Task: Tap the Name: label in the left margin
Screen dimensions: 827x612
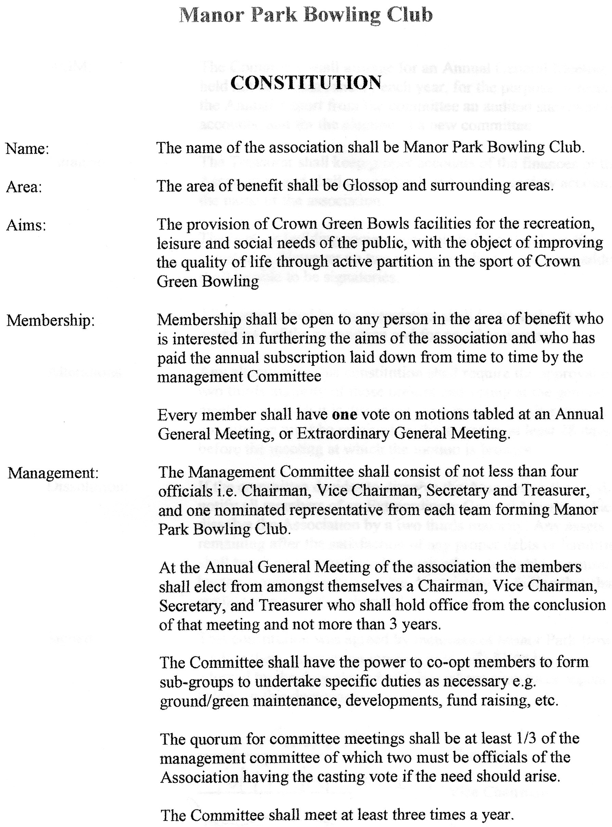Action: [x=27, y=149]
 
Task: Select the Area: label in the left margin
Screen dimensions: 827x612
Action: [x=24, y=187]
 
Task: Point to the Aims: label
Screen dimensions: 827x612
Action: [x=26, y=225]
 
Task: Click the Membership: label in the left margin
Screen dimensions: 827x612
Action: [x=51, y=320]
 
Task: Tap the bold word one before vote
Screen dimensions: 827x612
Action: [x=345, y=414]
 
